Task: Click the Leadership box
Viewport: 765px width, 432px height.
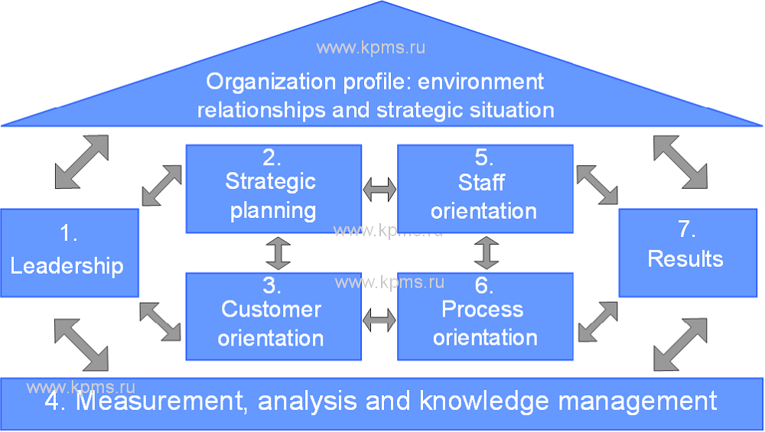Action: (69, 252)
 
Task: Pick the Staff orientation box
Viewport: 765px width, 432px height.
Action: (485, 188)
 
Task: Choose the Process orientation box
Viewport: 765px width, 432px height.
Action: (485, 317)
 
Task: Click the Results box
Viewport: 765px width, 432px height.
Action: (687, 252)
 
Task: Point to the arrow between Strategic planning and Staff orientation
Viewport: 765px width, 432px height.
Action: (379, 189)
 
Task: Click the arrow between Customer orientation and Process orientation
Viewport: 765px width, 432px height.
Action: (379, 319)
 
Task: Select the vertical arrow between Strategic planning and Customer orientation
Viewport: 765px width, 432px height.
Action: (279, 253)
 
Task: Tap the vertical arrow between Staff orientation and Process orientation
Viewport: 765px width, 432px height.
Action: (486, 253)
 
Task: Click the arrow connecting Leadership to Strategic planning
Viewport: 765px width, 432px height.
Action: (162, 185)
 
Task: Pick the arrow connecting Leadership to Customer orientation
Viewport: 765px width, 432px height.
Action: (161, 321)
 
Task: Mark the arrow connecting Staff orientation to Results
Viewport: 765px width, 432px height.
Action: (597, 184)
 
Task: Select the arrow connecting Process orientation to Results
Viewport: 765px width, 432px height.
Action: (597, 321)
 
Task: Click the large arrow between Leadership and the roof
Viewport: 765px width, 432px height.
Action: (82, 162)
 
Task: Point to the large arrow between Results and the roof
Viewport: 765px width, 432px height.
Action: (681, 162)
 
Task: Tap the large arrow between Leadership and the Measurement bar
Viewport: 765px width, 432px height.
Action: (82, 343)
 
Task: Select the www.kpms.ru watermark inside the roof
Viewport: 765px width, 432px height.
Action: (371, 47)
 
